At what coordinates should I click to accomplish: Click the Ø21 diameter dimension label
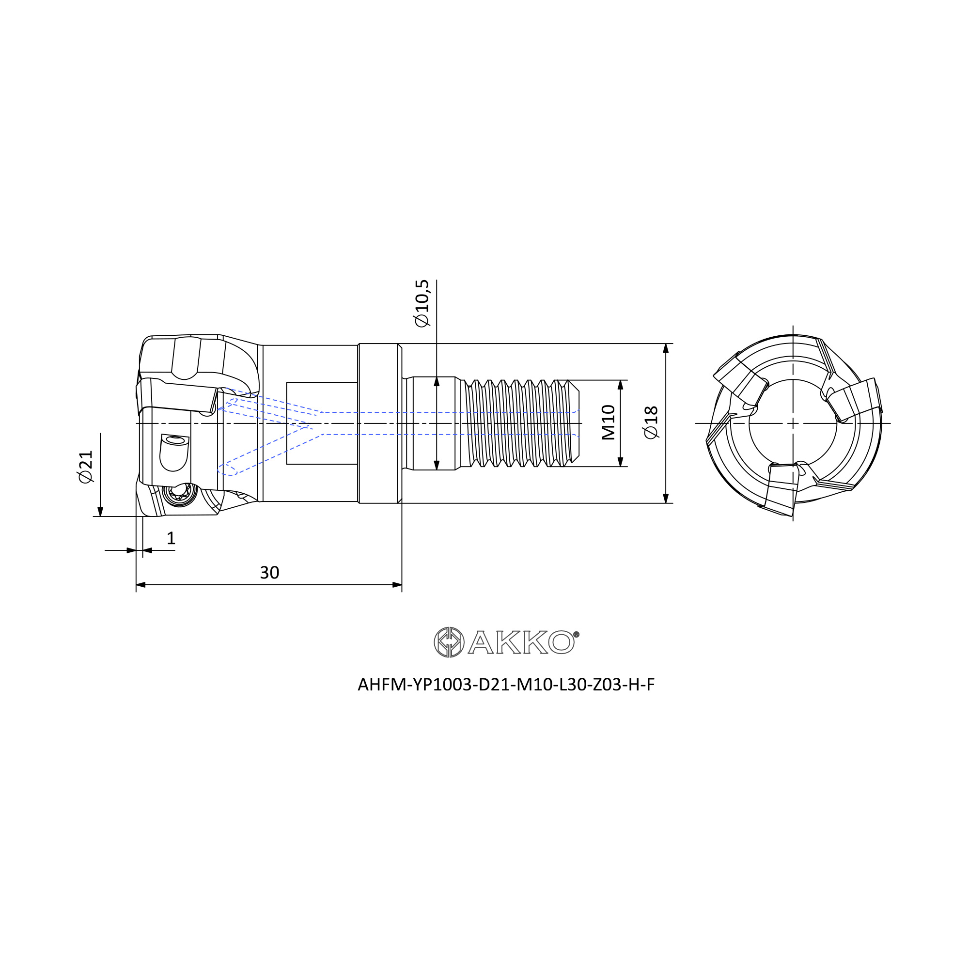[86, 467]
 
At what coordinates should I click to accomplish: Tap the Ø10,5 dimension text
[422, 303]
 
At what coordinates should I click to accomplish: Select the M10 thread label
[608, 422]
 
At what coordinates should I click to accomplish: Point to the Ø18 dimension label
[651, 423]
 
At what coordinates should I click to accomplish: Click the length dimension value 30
[269, 572]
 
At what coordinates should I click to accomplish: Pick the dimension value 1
[171, 538]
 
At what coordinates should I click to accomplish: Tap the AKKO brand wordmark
[522, 642]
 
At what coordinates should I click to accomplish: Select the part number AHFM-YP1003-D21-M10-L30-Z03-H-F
[506, 685]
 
